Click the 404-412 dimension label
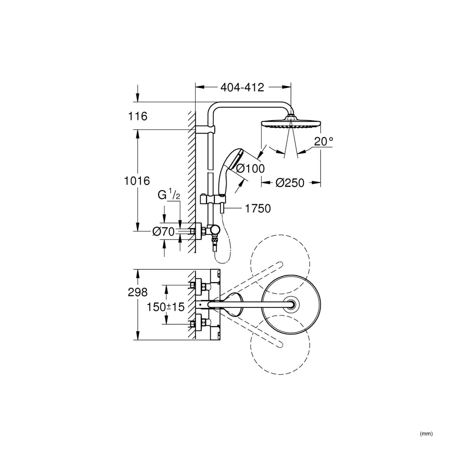(242, 87)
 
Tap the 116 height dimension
(138, 116)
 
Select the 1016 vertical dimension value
(137, 181)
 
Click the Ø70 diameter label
(163, 232)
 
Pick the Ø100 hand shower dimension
(250, 169)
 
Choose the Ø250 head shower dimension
(290, 183)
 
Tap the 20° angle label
(323, 141)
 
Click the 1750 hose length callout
(258, 208)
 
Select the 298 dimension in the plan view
(137, 292)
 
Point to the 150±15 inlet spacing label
(166, 307)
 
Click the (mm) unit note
(426, 434)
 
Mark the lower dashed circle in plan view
(280, 344)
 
